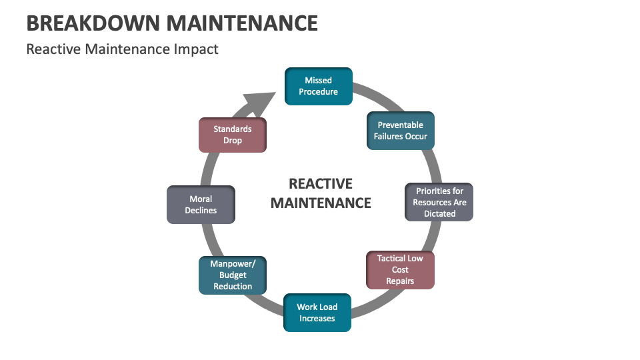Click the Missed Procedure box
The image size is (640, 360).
click(x=318, y=86)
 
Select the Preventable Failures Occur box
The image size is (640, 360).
click(x=401, y=130)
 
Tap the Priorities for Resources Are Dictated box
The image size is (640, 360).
click(x=439, y=202)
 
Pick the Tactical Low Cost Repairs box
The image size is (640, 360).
click(x=400, y=269)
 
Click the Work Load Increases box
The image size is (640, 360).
click(x=317, y=313)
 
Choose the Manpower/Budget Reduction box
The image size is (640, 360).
click(x=233, y=275)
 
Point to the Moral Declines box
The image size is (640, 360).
click(x=201, y=205)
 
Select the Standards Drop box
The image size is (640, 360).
click(x=233, y=135)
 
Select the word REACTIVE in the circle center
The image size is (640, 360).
click(x=321, y=184)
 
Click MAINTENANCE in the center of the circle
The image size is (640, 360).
click(x=321, y=203)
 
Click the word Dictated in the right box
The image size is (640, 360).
click(x=439, y=214)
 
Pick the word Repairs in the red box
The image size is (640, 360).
click(x=400, y=281)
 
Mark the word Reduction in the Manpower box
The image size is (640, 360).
click(x=233, y=287)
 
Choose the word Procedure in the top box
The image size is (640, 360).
click(x=318, y=92)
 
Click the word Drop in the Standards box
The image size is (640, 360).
click(x=233, y=141)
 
